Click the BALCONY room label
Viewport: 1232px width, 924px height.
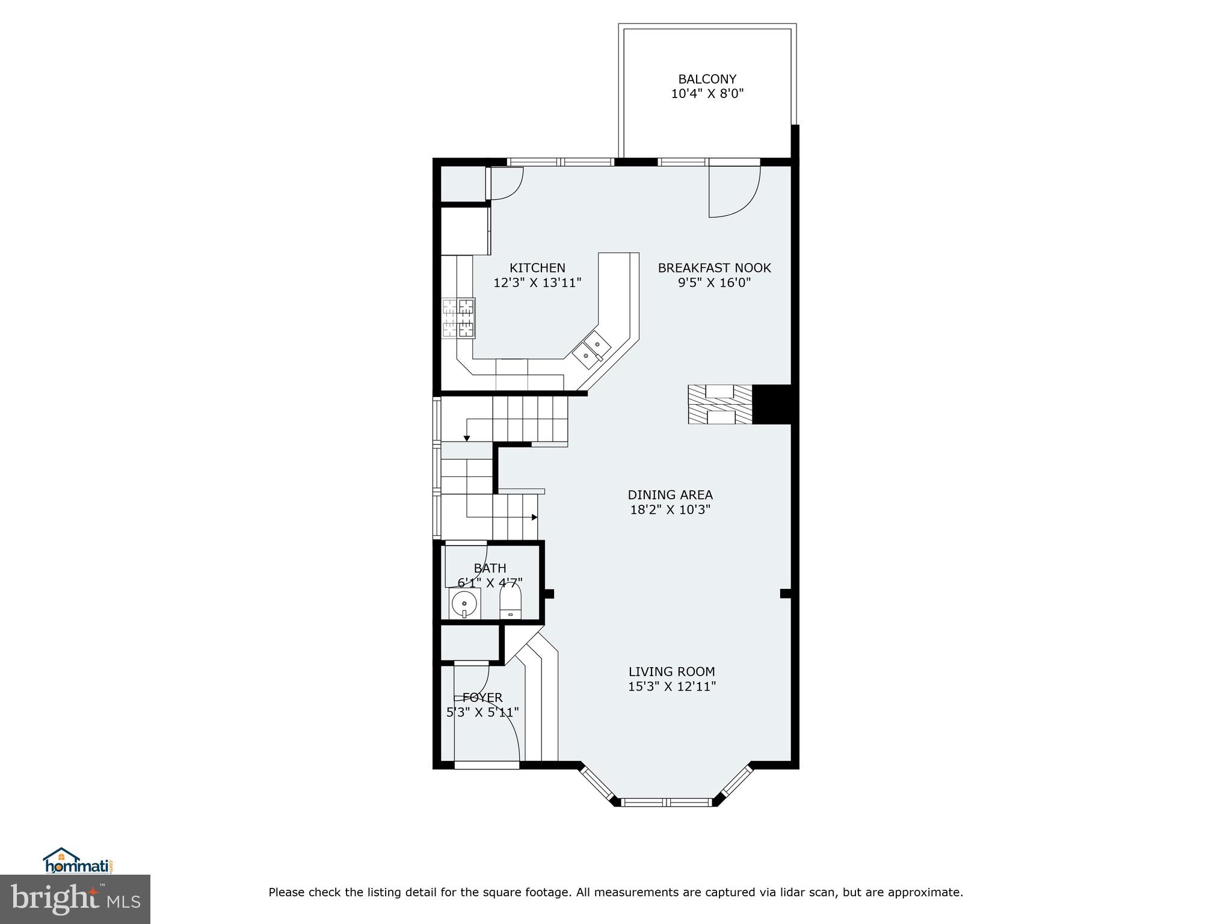(707, 79)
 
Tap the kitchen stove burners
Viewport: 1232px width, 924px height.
(458, 318)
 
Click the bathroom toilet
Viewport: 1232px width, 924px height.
(511, 602)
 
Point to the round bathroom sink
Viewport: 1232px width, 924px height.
(464, 603)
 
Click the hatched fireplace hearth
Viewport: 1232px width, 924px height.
(720, 404)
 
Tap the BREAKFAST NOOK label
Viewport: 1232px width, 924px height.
(714, 268)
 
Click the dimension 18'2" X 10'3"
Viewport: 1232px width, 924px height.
(670, 510)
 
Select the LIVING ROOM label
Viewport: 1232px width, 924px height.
(671, 671)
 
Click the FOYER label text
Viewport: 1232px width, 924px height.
(482, 698)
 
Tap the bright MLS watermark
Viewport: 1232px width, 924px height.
(75, 899)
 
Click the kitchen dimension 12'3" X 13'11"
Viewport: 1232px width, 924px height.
(537, 283)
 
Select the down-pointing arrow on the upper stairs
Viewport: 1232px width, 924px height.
(467, 438)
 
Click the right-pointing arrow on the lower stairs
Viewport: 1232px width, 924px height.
(534, 517)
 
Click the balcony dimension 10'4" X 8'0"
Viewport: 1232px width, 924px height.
(707, 94)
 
